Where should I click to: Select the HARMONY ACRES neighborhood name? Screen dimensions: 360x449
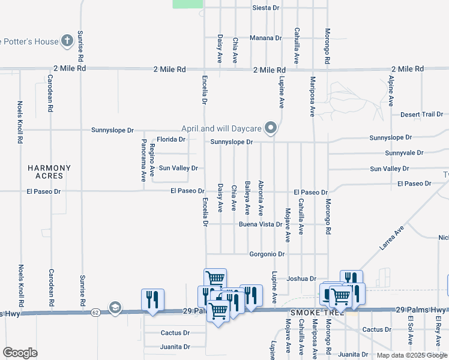pyautogui.click(x=49, y=172)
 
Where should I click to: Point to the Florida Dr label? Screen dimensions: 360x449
pyautogui.click(x=172, y=139)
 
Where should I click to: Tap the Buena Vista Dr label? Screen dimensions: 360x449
pyautogui.click(x=261, y=224)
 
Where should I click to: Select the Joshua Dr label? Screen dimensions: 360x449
pyautogui.click(x=301, y=278)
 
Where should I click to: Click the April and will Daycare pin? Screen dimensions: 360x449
pyautogui.click(x=271, y=127)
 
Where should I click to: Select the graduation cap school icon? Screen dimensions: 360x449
pyautogui.click(x=114, y=308)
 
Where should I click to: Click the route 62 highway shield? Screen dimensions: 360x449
pyautogui.click(x=95, y=313)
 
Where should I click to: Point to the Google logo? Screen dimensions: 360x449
pyautogui.click(x=20, y=353)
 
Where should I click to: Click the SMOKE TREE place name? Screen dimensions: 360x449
pyautogui.click(x=316, y=313)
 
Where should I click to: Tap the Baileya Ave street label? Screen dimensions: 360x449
pyautogui.click(x=247, y=198)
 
